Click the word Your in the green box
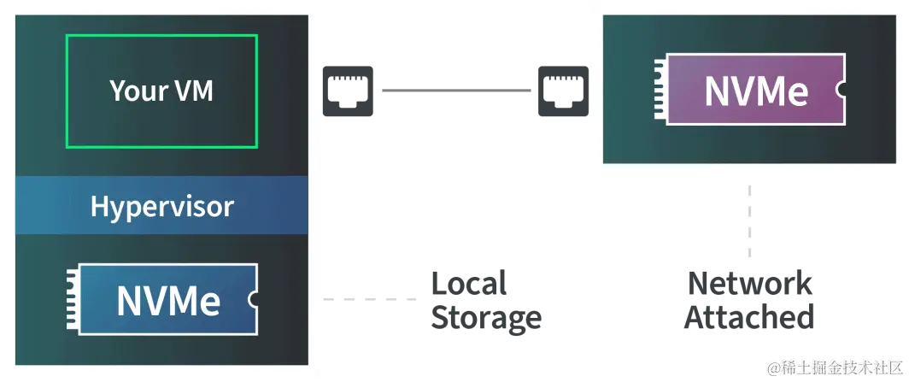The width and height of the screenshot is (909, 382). (x=137, y=91)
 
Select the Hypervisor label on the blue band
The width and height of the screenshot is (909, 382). (x=161, y=206)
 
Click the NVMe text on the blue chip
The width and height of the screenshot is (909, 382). (x=168, y=300)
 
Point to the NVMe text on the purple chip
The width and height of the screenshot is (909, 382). (x=756, y=91)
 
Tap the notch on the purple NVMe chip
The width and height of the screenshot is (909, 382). (x=841, y=89)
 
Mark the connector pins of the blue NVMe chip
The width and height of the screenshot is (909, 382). (x=71, y=300)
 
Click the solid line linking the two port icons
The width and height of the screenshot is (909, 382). (x=454, y=91)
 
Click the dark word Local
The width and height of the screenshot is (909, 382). (x=469, y=283)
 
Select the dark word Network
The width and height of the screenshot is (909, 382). (x=748, y=283)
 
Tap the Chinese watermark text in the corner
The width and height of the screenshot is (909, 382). (x=835, y=367)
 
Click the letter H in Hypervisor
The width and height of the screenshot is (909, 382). (x=99, y=206)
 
